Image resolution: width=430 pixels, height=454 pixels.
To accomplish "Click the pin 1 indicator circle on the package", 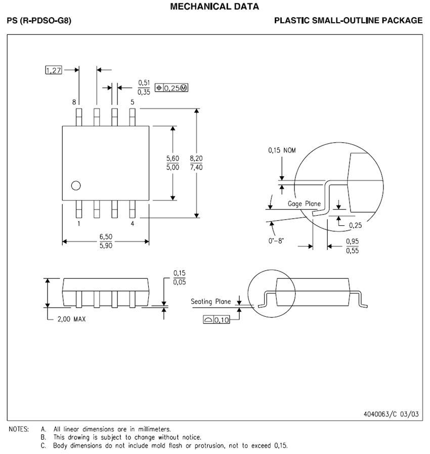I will coord(76,186).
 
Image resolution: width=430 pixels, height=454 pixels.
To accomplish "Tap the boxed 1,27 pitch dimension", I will coord(53,70).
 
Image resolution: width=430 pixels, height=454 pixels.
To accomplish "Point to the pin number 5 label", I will coord(133,102).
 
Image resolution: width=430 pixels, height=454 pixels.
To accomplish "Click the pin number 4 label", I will coord(133,223).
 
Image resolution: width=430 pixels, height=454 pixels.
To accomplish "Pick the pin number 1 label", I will coord(78,223).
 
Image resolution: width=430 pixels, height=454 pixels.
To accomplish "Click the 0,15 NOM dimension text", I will coord(282,150).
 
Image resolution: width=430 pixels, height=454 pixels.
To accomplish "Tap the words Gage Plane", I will coord(304,203).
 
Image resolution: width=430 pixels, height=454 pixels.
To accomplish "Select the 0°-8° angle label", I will coord(276,241).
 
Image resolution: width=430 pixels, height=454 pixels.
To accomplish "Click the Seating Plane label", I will coord(210,301).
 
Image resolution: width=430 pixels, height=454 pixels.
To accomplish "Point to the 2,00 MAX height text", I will coord(70,320).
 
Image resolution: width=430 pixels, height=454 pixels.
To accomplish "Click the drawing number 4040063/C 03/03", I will coord(391,414).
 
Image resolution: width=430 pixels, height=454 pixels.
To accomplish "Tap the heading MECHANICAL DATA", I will coord(215,7).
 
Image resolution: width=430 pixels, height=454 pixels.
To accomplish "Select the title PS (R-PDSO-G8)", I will coord(39,21).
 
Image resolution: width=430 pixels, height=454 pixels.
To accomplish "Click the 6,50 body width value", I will coord(106,237).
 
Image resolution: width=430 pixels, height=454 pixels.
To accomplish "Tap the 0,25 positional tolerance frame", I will coord(171,88).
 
